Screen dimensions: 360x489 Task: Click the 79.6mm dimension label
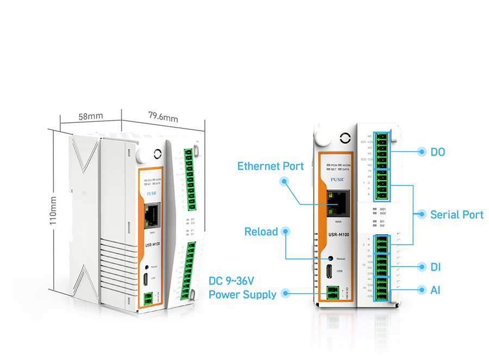163,116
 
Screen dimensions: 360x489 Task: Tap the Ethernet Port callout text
271,165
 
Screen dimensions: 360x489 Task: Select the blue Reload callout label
261,232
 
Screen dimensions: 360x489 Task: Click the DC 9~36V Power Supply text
242,288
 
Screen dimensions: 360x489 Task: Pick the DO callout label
437,152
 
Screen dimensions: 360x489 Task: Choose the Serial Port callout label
456,214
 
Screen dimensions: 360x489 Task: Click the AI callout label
435,290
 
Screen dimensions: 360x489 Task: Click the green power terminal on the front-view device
332,293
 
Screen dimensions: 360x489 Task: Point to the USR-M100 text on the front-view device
338,234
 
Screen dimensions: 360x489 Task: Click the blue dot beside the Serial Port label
421,214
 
